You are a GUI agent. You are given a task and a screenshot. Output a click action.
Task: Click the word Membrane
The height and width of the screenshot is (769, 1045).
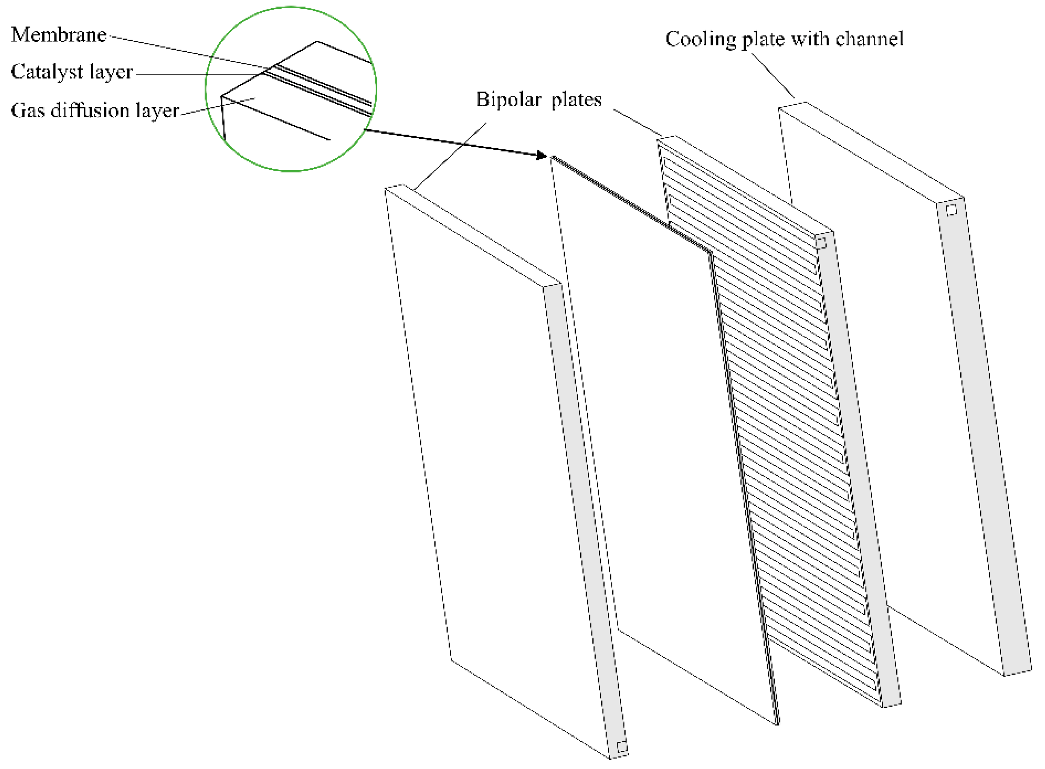[x=59, y=35]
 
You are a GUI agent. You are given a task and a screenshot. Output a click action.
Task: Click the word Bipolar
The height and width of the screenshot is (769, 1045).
[x=509, y=100]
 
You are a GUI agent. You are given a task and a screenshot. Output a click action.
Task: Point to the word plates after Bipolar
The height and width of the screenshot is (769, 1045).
[x=577, y=100]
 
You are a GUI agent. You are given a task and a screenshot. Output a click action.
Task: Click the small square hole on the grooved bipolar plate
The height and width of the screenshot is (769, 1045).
[x=821, y=243]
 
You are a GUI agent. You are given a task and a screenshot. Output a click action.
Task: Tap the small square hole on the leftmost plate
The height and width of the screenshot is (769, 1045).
[x=622, y=747]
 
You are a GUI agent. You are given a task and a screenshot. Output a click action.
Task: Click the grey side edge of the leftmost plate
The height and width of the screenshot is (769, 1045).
[x=584, y=512]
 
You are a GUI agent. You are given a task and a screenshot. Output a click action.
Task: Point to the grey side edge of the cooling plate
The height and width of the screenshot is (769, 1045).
[x=983, y=442]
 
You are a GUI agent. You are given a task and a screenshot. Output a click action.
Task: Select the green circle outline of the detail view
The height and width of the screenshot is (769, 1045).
[x=206, y=88]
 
